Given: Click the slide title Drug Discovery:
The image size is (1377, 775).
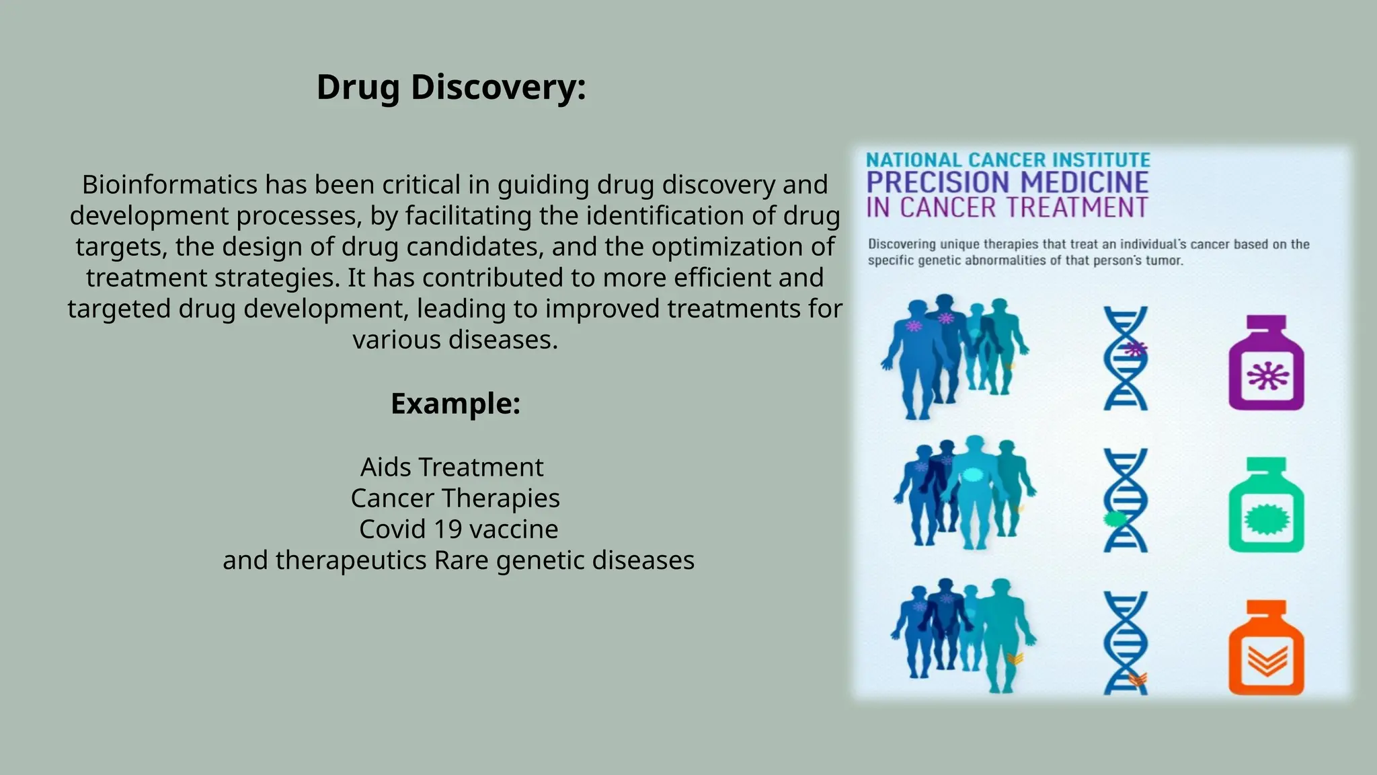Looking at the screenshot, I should (x=451, y=87).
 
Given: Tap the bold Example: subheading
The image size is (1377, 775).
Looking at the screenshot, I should (x=455, y=404).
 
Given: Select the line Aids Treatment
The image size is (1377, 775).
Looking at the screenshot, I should (x=452, y=467).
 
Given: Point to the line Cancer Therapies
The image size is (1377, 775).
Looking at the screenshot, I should (x=455, y=498).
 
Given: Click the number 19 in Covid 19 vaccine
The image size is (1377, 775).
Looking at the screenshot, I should (x=447, y=529).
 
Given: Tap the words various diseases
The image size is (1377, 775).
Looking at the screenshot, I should (x=455, y=340).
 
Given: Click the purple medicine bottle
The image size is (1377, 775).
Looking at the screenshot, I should (x=1266, y=364).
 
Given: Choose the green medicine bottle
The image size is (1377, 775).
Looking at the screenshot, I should (x=1266, y=506).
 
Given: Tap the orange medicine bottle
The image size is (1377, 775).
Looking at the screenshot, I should (x=1266, y=649).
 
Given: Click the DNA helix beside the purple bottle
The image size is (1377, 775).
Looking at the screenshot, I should (x=1126, y=359).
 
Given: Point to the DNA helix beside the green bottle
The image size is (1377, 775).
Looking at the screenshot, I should (x=1126, y=501).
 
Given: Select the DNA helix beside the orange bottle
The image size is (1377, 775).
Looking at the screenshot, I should (x=1126, y=643).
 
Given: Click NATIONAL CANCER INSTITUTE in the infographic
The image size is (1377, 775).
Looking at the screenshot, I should (x=1008, y=160).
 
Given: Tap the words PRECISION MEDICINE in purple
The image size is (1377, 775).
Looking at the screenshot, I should (x=1007, y=182).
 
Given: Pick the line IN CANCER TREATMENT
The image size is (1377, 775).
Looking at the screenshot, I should (x=1007, y=208).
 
